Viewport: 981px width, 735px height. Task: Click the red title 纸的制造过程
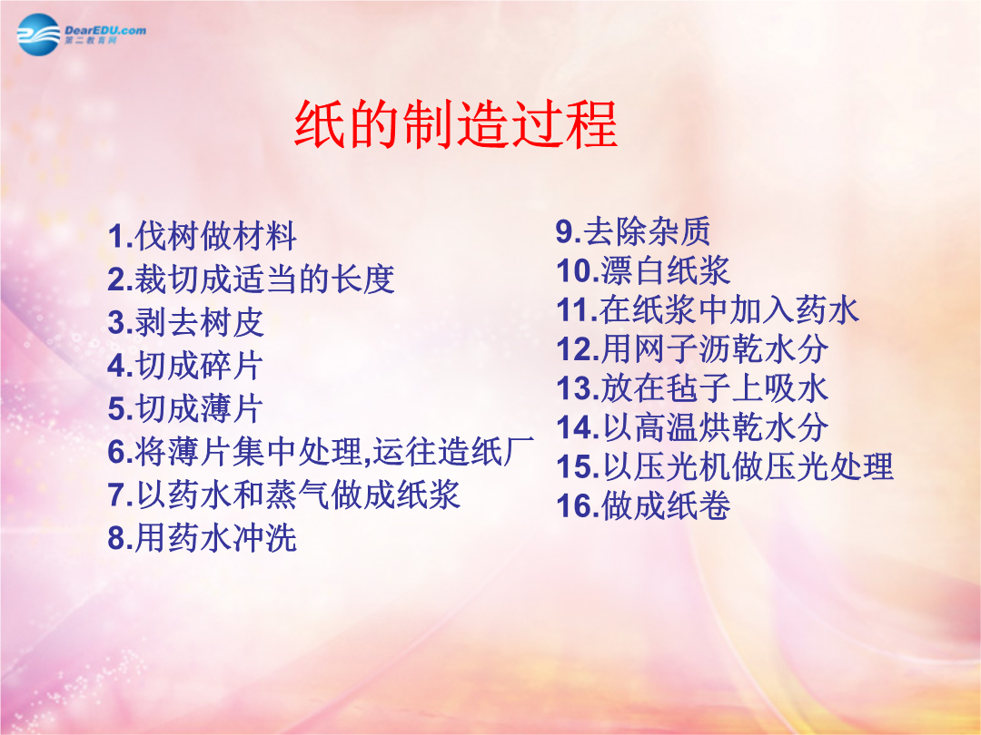(x=456, y=123)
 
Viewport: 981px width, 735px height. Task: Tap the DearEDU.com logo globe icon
(x=39, y=34)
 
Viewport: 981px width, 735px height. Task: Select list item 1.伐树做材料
(x=202, y=236)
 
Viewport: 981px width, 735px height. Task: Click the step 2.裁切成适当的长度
(x=251, y=279)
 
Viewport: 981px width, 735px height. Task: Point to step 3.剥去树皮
(x=186, y=322)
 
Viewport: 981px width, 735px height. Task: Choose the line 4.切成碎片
(x=186, y=366)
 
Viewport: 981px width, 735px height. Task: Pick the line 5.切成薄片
(x=186, y=408)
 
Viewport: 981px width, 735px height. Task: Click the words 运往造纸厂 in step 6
(x=453, y=451)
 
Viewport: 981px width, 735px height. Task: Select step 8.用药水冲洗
(x=202, y=537)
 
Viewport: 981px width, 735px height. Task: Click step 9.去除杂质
(x=633, y=231)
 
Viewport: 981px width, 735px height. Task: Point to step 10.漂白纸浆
(x=643, y=270)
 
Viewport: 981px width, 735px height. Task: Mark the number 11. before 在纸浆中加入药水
(x=577, y=310)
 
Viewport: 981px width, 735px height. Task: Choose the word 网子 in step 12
(x=665, y=349)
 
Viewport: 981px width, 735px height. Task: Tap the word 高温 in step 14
(x=665, y=427)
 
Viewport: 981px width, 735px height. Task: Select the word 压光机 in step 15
(x=681, y=467)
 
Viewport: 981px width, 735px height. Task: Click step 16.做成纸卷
(x=643, y=505)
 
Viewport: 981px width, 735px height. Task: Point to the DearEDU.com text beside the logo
(x=105, y=30)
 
